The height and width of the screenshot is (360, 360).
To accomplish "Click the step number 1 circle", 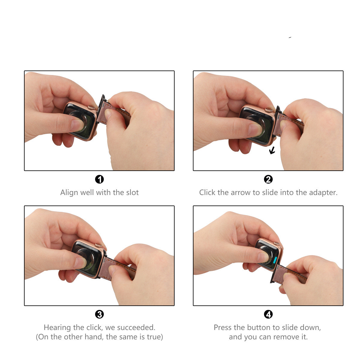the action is pyautogui.click(x=99, y=179).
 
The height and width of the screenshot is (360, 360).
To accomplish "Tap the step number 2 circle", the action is pyautogui.click(x=268, y=179).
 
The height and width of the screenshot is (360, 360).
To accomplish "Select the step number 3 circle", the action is pyautogui.click(x=99, y=314).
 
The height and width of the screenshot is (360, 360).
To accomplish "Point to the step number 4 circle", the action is pyautogui.click(x=268, y=314).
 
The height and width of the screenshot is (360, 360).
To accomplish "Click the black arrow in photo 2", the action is pyautogui.click(x=272, y=150).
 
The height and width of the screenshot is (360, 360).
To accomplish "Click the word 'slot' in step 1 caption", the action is pyautogui.click(x=132, y=192).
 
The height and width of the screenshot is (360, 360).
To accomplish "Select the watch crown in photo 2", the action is pyautogui.click(x=269, y=110).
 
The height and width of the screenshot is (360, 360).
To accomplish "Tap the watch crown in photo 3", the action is pyautogui.click(x=98, y=245).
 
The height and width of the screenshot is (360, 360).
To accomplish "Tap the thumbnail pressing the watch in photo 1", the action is pyautogui.click(x=76, y=125).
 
